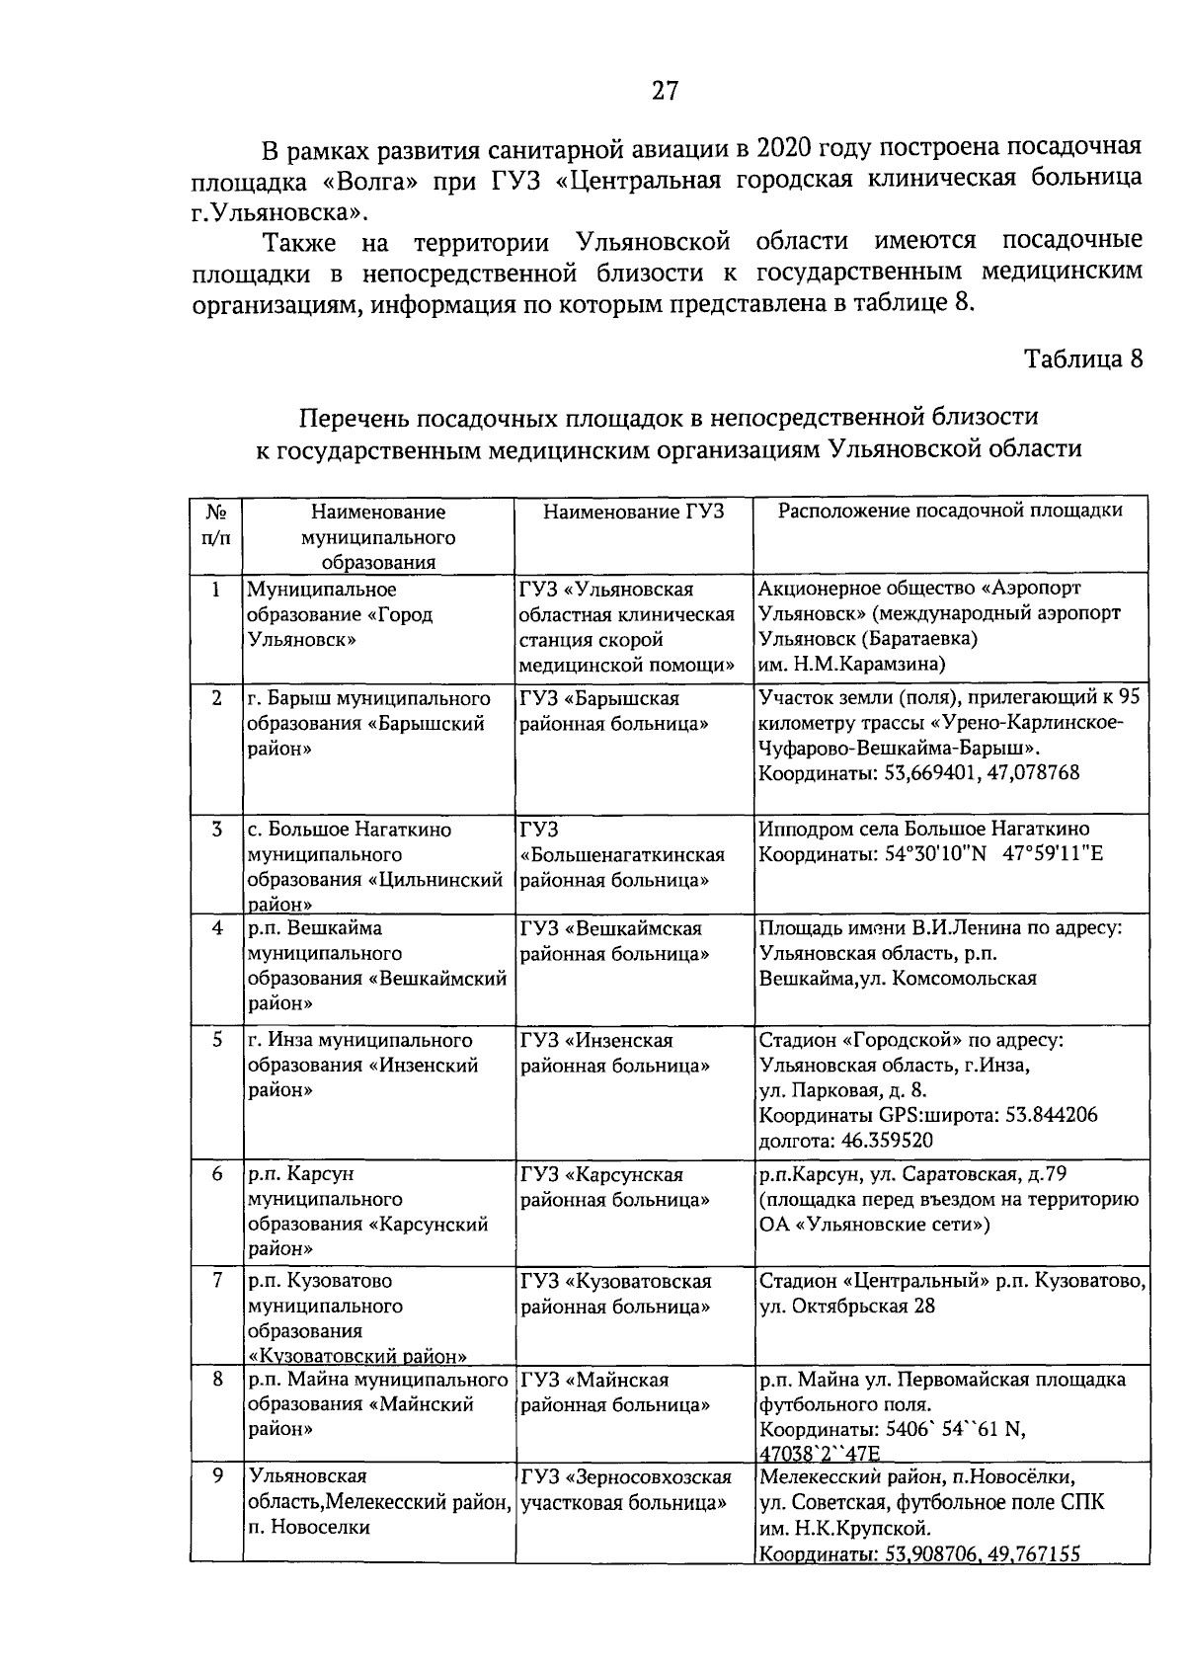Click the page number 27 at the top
tap(665, 92)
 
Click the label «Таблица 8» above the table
tap(1083, 357)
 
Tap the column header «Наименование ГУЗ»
tap(633, 512)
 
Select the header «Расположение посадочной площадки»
tap(950, 511)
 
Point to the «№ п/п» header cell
tap(215, 524)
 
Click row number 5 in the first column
tap(215, 1040)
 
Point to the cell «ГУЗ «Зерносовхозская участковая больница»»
tap(625, 1489)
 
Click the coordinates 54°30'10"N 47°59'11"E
tap(930, 854)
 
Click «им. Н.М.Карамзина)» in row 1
tap(851, 664)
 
